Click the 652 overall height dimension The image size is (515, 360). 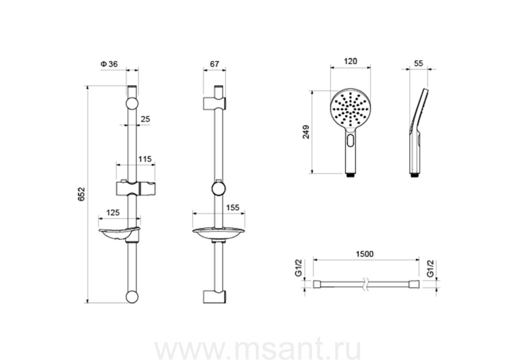click(x=81, y=194)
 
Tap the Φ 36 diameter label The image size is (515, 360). click(x=109, y=64)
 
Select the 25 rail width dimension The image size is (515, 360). click(x=145, y=119)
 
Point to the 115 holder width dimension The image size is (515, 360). click(x=145, y=159)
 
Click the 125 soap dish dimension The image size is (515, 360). click(x=113, y=212)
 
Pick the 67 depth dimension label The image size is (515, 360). click(x=214, y=64)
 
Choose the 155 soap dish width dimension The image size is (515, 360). click(x=232, y=208)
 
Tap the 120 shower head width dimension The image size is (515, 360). click(x=350, y=61)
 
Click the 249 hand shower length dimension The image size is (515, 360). click(x=306, y=132)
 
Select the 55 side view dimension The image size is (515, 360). click(x=418, y=63)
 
